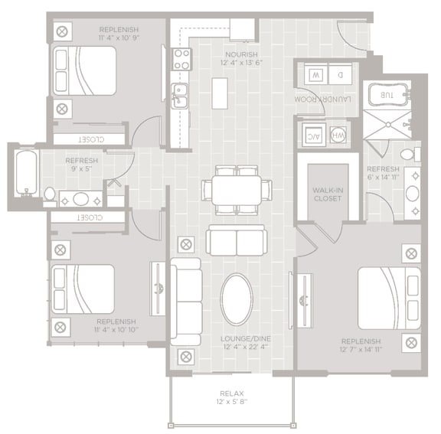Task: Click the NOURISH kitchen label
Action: click(x=241, y=54)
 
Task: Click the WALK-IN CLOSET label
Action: click(x=327, y=193)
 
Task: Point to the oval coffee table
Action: click(x=236, y=299)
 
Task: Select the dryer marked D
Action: click(x=341, y=75)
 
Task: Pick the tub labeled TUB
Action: click(x=389, y=96)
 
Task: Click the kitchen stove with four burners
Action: click(x=181, y=59)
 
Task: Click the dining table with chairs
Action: click(x=237, y=189)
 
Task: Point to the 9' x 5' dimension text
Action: click(x=81, y=169)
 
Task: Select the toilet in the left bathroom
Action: click(x=50, y=196)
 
